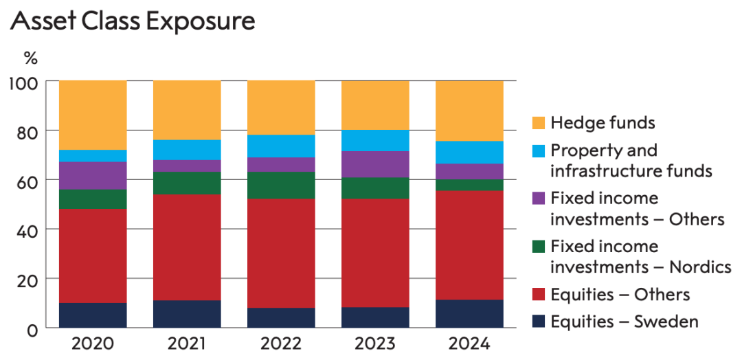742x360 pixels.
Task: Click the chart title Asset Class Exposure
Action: [133, 21]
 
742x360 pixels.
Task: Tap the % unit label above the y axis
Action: [30, 56]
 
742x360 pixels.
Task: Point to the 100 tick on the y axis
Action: [27, 82]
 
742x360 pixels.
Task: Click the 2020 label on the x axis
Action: [93, 344]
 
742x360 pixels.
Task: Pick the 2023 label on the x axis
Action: [375, 344]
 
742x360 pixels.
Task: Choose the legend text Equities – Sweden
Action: [624, 322]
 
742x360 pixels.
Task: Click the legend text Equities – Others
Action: [620, 295]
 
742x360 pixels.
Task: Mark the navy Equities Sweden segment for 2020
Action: [93, 315]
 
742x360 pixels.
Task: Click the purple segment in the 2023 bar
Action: [375, 164]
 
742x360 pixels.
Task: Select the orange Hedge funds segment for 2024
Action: [470, 111]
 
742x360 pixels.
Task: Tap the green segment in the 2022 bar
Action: [281, 185]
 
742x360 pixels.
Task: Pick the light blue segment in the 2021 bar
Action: [187, 150]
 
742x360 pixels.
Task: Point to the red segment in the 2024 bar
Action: [470, 245]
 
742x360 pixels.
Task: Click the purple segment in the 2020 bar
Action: [93, 175]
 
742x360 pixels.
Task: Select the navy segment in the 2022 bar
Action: [281, 318]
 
